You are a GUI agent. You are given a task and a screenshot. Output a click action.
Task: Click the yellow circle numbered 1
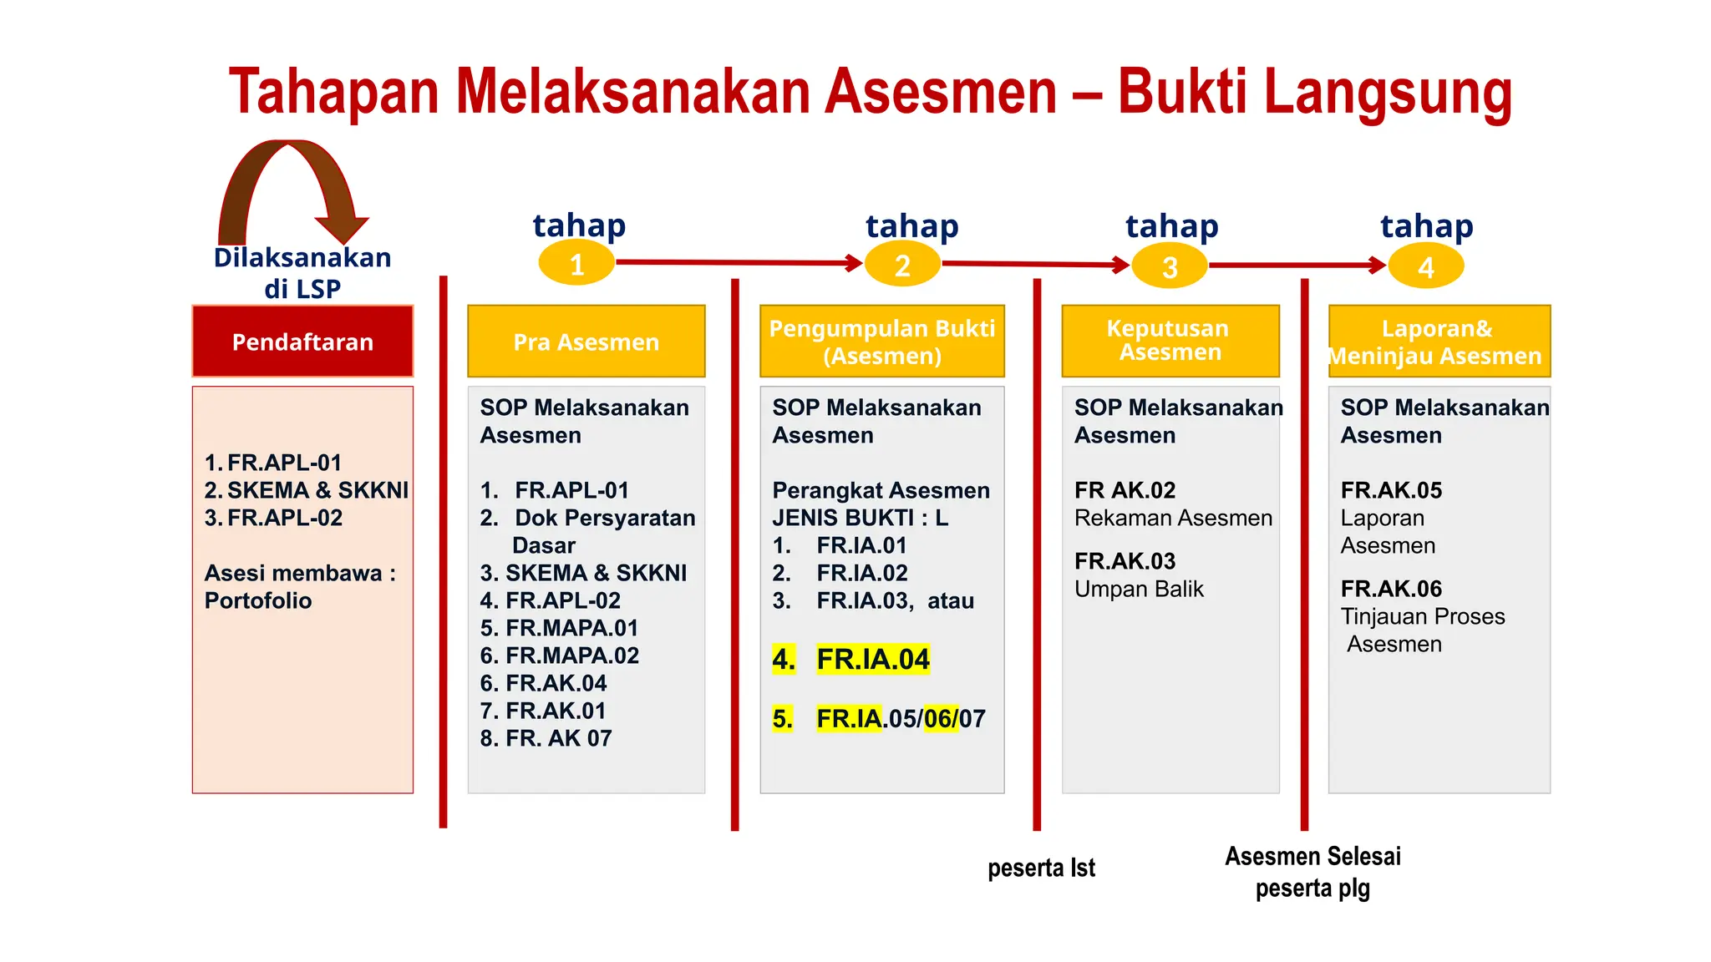[x=576, y=264]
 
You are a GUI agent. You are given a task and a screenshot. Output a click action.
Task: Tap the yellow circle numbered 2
[x=902, y=265]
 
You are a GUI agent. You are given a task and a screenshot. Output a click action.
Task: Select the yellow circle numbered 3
[x=1170, y=266]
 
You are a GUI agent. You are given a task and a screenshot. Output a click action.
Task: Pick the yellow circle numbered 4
[x=1425, y=267]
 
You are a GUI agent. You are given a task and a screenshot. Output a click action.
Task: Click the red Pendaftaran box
[x=302, y=342]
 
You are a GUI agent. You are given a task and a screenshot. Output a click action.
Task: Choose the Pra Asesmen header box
[x=586, y=342]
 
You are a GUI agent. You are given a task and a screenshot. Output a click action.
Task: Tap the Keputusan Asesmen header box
[x=1170, y=341]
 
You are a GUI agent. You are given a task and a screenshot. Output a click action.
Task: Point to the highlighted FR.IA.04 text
[x=872, y=660]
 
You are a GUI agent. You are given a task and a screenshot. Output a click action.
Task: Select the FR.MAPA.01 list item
[x=571, y=628]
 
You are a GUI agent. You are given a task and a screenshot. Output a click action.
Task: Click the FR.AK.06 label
[x=1391, y=589]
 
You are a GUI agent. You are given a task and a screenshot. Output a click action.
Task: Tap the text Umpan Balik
[x=1139, y=589]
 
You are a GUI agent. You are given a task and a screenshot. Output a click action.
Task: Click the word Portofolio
[x=258, y=600]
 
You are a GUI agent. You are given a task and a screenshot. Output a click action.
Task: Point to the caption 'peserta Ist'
[x=1041, y=868]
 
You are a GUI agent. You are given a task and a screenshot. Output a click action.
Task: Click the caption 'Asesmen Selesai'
[x=1312, y=856]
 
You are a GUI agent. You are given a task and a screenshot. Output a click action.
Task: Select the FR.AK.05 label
[x=1391, y=490]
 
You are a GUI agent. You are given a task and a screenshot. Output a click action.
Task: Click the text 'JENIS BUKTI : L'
[x=860, y=518]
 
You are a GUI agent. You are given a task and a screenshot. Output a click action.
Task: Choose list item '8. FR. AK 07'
[x=546, y=738]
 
